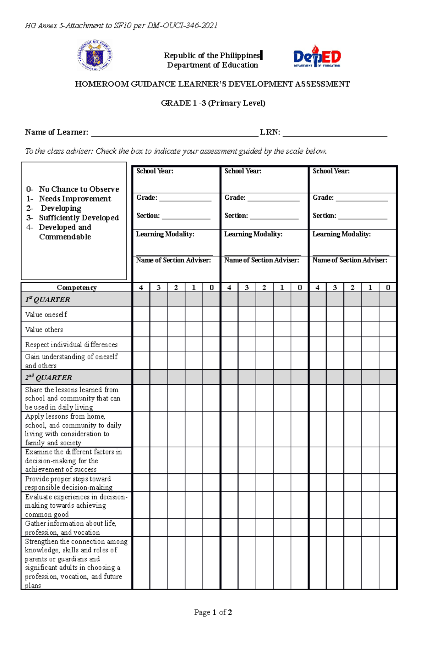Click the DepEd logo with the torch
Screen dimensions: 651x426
[317, 56]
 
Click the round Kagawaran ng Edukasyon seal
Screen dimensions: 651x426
[94, 56]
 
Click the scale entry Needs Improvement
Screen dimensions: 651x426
[75, 199]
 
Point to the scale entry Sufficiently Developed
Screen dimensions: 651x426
[78, 218]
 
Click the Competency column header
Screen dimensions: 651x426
[76, 287]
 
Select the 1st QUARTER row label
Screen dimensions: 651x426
[48, 299]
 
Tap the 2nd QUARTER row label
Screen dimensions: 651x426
[49, 377]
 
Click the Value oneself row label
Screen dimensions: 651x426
[46, 315]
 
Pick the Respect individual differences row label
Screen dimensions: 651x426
[71, 344]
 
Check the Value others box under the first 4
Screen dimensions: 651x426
[141, 330]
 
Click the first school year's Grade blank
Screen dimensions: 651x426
[185, 199]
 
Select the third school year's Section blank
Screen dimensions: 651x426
[362, 217]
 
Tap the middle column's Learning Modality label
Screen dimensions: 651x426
[253, 234]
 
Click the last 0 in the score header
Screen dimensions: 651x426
[388, 287]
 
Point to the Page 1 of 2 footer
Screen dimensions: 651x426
[213, 612]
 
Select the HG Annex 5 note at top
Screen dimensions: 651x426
[121, 26]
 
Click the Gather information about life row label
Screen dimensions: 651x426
[70, 528]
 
